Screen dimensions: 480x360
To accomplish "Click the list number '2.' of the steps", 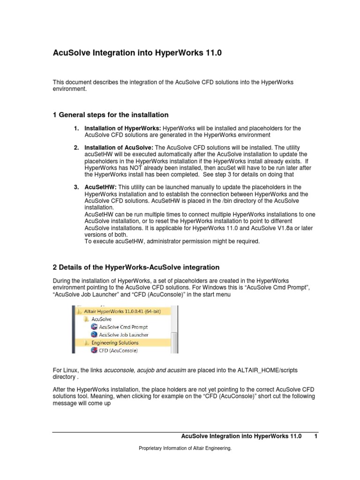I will [76, 148].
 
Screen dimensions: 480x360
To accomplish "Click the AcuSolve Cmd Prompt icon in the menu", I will [95, 326].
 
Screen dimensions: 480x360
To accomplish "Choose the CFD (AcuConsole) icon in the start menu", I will [95, 350].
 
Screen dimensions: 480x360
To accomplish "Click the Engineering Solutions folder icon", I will [86, 342].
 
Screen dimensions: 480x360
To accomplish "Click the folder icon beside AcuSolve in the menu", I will [86, 318].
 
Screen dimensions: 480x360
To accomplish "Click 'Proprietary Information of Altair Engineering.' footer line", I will [185, 449].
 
